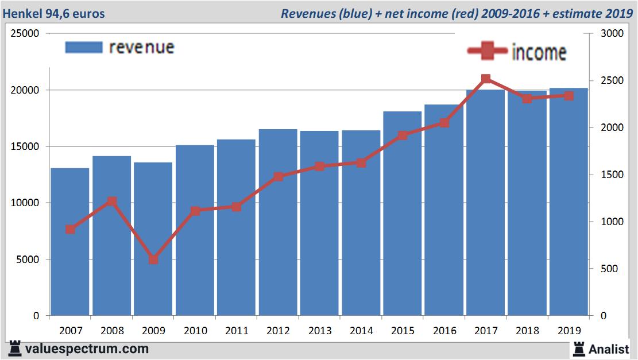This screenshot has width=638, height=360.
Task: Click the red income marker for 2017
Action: click(486, 79)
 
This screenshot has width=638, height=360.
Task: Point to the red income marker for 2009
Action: click(153, 260)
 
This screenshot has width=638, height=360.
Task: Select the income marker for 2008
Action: click(112, 201)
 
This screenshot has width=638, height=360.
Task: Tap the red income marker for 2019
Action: click(569, 96)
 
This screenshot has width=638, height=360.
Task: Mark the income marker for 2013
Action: click(319, 167)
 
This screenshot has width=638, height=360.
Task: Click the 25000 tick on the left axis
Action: click(26, 34)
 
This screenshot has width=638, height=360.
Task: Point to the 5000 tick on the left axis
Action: click(28, 260)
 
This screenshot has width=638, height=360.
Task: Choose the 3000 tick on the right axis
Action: click(611, 34)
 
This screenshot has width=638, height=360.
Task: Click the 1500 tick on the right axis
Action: click(611, 175)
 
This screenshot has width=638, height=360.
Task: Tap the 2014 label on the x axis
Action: click(361, 331)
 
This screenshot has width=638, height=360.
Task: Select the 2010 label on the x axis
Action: click(195, 331)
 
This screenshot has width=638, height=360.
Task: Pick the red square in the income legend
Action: click(488, 51)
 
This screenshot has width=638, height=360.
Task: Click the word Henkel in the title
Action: click(22, 13)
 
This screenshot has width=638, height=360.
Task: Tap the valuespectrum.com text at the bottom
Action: click(87, 349)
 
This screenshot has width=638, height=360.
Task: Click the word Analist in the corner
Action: click(609, 349)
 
